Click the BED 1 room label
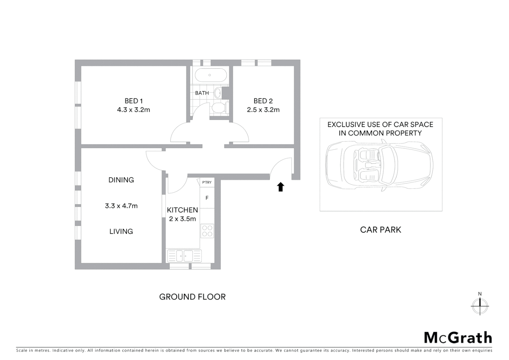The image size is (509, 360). click(x=134, y=101)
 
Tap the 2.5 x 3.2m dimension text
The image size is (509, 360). click(x=263, y=110)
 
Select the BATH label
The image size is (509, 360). click(x=202, y=93)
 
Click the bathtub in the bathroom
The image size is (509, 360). click(x=210, y=75)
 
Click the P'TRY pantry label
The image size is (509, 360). click(x=207, y=182)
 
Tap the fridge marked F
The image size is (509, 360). click(x=207, y=198)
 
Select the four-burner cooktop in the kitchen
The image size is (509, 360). click(x=207, y=231)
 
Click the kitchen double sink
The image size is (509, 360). click(x=184, y=256)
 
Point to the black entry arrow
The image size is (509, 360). click(x=280, y=187)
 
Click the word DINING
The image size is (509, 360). click(x=121, y=180)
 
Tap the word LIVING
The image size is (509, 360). click(x=121, y=231)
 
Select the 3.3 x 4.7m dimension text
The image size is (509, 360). click(x=121, y=206)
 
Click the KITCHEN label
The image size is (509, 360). click(x=182, y=210)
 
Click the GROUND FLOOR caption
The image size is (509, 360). click(x=192, y=297)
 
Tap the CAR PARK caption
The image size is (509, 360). click(x=380, y=230)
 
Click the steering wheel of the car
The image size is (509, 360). click(x=378, y=155)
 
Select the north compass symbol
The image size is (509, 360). click(x=480, y=305)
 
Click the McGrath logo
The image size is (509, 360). click(x=458, y=338)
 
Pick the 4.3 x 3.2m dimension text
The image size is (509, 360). click(x=134, y=110)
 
